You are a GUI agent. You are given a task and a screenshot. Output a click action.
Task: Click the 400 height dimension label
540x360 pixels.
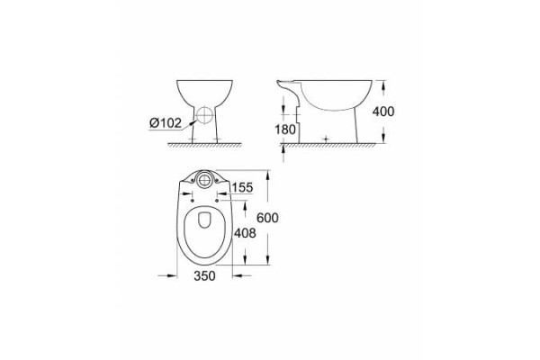point(383,112)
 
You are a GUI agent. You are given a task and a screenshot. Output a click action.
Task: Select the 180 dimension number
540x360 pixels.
point(285,130)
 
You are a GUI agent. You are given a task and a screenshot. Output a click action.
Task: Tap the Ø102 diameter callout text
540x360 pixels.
point(166,123)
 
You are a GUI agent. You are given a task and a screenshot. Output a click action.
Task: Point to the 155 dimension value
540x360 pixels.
point(242,188)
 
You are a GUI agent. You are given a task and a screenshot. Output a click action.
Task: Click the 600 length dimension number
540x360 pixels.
point(267,218)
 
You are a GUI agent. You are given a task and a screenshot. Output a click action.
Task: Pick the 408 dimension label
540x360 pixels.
point(245,233)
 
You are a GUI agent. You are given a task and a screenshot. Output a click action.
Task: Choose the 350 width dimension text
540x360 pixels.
point(204,275)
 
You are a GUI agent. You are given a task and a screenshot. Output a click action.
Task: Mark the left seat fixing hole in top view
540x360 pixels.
point(192,201)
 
